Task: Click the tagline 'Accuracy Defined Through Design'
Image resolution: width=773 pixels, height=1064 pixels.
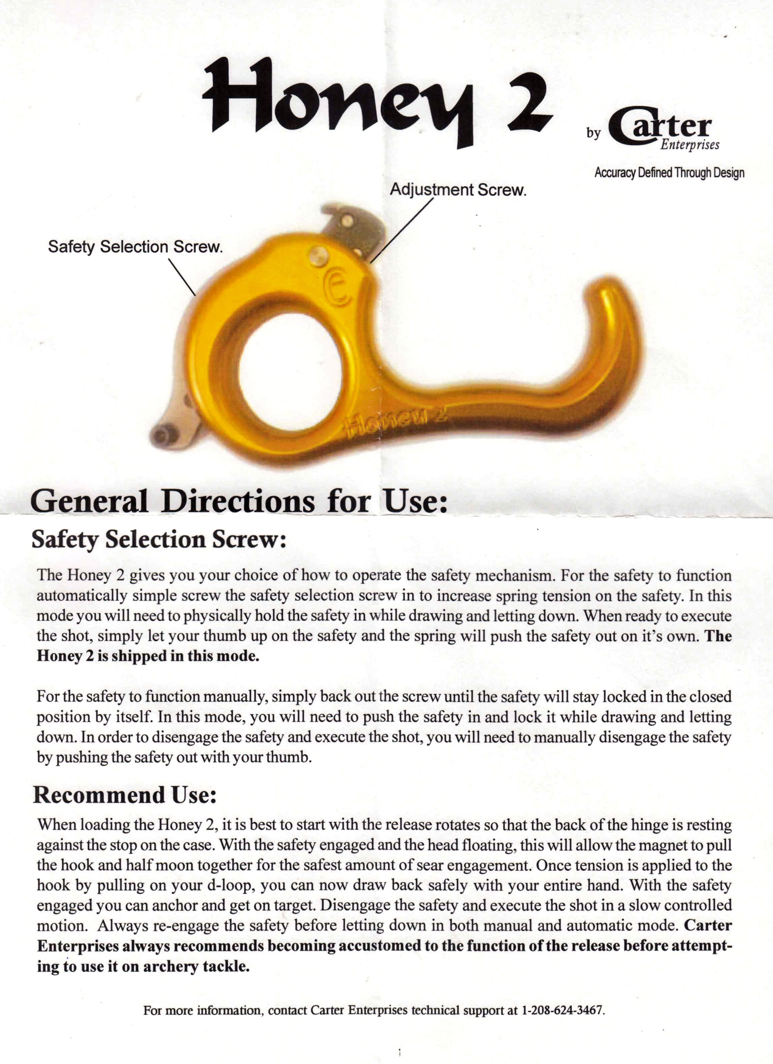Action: click(x=669, y=173)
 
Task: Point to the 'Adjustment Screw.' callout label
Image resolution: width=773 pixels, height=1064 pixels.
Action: click(x=458, y=190)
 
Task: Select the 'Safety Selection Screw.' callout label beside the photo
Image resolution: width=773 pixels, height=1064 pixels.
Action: click(x=135, y=247)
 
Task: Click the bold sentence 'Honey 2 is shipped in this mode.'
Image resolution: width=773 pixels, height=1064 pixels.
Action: click(x=148, y=655)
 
